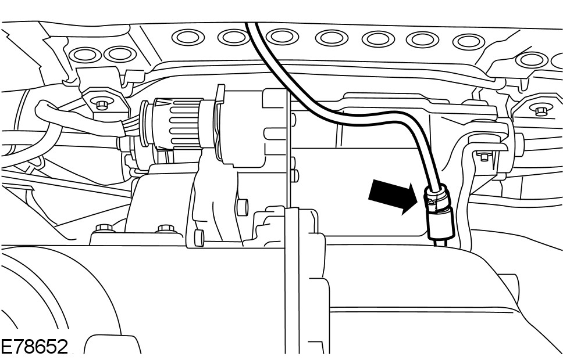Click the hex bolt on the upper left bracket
click(x=103, y=105)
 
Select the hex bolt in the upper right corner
click(x=540, y=110)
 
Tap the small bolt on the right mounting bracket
click(x=483, y=156)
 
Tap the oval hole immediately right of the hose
click(x=283, y=37)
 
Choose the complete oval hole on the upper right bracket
click(x=532, y=59)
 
